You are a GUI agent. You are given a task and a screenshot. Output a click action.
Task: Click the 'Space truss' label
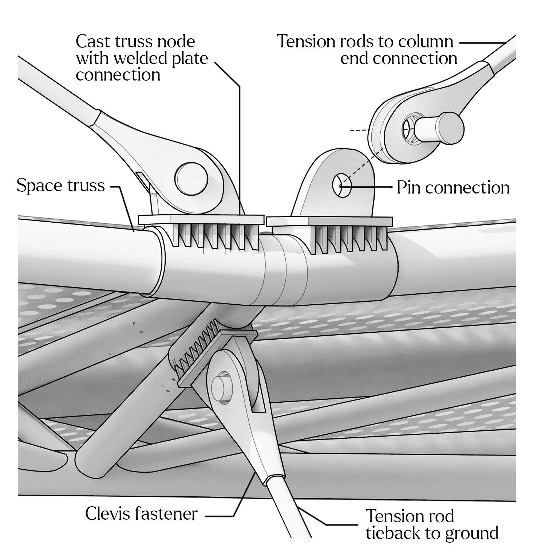click(61, 185)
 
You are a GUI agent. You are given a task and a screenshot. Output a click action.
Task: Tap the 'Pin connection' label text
click(453, 187)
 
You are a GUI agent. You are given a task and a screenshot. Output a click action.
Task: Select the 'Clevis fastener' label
click(142, 514)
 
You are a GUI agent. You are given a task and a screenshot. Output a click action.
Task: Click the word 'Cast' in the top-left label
click(92, 41)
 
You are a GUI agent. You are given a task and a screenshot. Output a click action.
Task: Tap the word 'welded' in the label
click(142, 58)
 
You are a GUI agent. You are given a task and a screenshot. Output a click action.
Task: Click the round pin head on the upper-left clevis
click(191, 179)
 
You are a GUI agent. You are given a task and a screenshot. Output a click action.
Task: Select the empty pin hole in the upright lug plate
click(342, 185)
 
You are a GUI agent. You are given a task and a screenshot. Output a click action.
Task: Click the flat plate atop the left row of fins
click(201, 220)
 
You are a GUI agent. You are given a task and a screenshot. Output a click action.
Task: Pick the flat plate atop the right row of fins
click(330, 221)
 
